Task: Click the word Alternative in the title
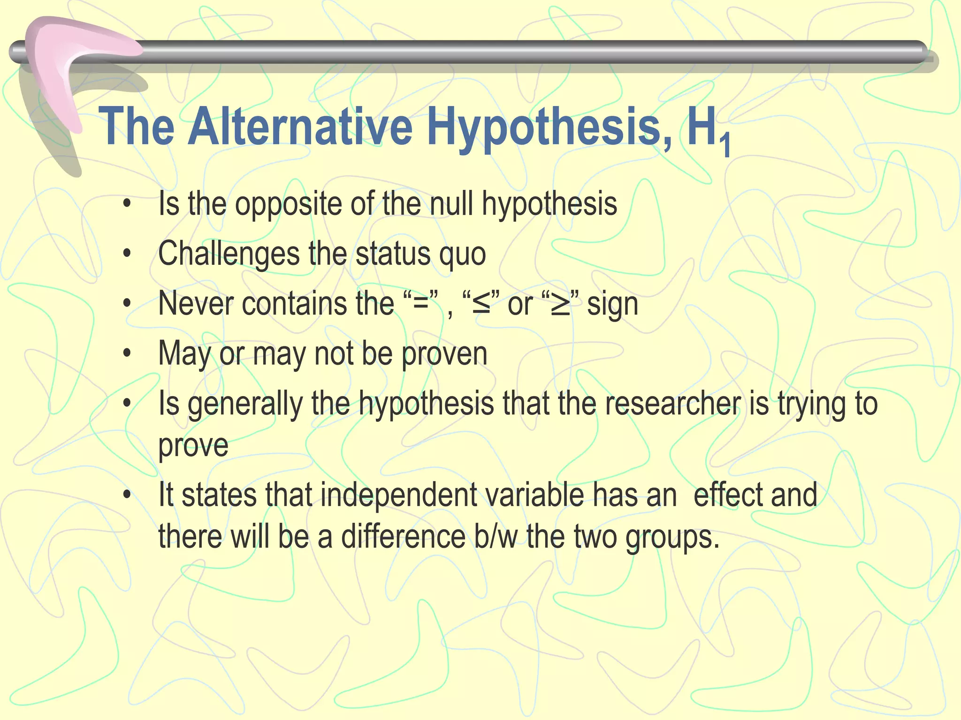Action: (300, 127)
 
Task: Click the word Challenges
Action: (229, 254)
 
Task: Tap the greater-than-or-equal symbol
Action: (560, 304)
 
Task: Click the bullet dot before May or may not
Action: (127, 354)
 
